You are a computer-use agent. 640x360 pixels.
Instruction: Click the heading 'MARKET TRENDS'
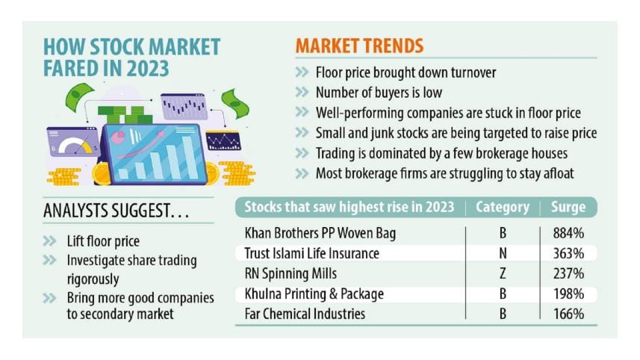tap(359, 45)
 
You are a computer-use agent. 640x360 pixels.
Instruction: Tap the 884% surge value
tap(568, 233)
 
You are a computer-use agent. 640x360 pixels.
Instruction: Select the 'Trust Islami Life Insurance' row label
tap(311, 253)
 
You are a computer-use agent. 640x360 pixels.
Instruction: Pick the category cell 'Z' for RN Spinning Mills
tap(503, 273)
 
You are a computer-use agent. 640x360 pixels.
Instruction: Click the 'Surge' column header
tap(568, 208)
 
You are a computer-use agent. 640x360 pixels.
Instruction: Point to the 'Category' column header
tap(503, 208)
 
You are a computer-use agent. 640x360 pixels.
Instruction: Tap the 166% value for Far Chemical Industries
tap(568, 314)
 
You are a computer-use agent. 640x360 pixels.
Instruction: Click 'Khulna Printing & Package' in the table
tap(314, 294)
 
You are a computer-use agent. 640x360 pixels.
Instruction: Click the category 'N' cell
tap(503, 253)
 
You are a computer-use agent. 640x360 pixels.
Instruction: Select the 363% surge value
tap(568, 253)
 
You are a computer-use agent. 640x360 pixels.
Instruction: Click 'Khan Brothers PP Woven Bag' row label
tap(320, 233)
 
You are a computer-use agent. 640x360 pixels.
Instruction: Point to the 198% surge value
tap(568, 294)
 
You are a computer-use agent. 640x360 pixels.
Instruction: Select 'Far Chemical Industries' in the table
tap(305, 314)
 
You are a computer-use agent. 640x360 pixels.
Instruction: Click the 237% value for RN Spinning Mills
tap(568, 273)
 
